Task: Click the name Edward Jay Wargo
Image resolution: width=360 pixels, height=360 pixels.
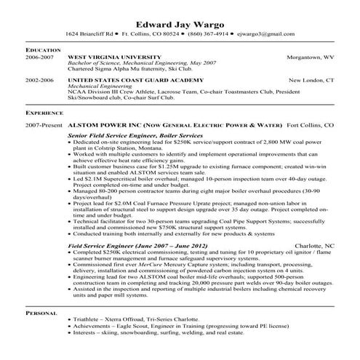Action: (180, 21)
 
